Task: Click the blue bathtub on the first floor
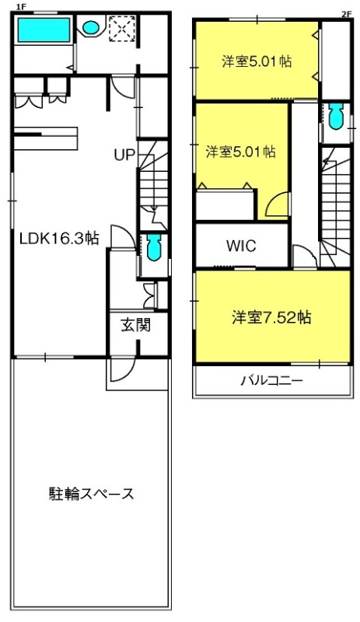point(44,29)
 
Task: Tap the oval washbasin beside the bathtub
point(90,28)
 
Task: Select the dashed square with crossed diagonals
point(122,28)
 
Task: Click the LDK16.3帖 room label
point(60,239)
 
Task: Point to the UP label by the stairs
point(124,155)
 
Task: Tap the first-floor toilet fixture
point(153,246)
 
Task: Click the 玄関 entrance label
point(136,326)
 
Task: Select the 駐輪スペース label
point(91,494)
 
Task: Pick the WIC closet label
point(241,246)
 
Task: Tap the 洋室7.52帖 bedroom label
point(271,317)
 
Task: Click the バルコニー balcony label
point(272,381)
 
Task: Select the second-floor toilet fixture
point(337,116)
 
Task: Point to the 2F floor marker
point(347,14)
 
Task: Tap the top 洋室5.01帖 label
point(257,62)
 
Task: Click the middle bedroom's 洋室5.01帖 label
point(240,152)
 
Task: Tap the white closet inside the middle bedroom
point(225,204)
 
